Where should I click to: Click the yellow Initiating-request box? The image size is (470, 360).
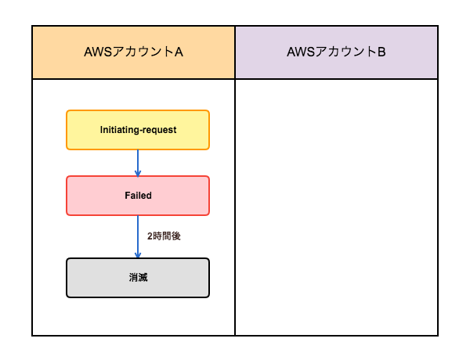click(138, 130)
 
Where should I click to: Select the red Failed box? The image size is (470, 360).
click(138, 196)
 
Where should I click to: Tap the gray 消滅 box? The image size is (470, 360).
click(138, 278)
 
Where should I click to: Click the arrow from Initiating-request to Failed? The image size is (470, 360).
click(138, 163)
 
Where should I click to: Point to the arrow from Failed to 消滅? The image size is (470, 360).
click(138, 236)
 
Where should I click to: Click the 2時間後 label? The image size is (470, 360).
click(164, 236)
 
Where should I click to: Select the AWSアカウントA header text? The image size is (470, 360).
click(133, 52)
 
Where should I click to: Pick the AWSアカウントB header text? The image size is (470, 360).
click(336, 52)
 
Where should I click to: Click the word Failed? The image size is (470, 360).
click(138, 196)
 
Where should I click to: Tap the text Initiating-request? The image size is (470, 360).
click(138, 130)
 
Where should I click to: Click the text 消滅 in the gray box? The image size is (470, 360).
click(138, 278)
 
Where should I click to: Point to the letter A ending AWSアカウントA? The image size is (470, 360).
click(179, 52)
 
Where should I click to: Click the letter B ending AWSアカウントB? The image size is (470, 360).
click(381, 52)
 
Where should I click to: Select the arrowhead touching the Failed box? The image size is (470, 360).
click(138, 174)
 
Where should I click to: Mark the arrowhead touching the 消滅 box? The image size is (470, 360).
click(138, 254)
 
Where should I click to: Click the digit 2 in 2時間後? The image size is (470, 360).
click(150, 236)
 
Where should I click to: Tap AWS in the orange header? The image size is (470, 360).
click(98, 52)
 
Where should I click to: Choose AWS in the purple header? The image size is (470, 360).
click(301, 52)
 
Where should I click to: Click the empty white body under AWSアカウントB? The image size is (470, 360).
click(336, 207)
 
